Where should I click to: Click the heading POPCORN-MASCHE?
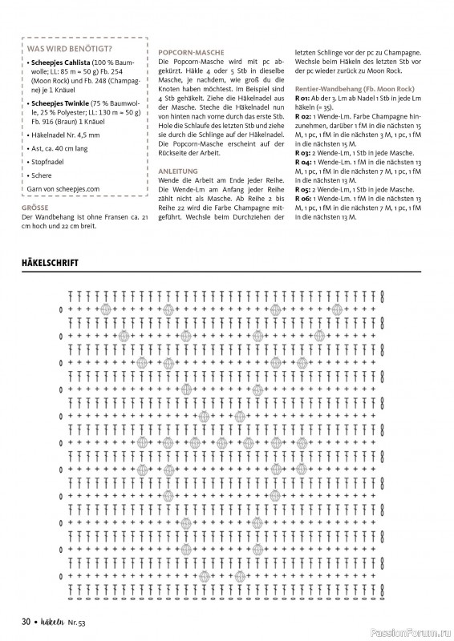pos(185,51)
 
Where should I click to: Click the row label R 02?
pos(303,116)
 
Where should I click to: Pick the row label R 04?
pos(303,161)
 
